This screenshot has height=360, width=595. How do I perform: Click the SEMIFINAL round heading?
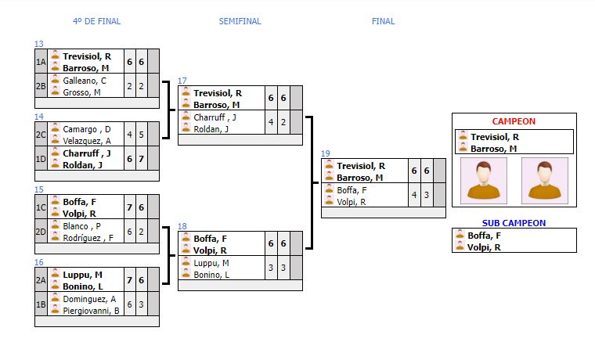click(x=240, y=21)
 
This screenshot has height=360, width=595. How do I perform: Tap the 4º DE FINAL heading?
click(x=96, y=21)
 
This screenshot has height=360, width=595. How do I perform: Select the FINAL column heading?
click(x=383, y=21)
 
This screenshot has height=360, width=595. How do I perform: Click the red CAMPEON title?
click(x=514, y=121)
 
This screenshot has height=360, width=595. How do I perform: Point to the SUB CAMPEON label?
click(x=514, y=223)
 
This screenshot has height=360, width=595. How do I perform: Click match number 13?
click(x=39, y=44)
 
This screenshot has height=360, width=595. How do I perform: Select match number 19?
click(x=325, y=153)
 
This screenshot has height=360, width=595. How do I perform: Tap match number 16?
click(x=39, y=262)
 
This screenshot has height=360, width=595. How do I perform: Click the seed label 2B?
click(x=41, y=85)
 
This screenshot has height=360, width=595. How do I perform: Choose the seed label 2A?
click(x=41, y=279)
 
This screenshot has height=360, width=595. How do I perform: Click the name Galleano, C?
click(x=84, y=80)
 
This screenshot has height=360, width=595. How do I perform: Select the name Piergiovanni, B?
click(x=91, y=311)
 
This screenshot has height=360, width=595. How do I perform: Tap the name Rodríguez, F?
click(x=88, y=238)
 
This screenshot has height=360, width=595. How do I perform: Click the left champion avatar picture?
click(x=483, y=181)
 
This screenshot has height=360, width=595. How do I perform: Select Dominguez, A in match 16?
click(x=88, y=299)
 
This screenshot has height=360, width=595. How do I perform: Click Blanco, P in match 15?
click(x=81, y=225)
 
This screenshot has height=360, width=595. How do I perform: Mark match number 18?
click(x=182, y=226)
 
